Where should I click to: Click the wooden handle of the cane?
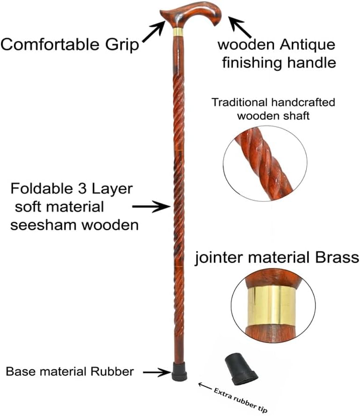191,16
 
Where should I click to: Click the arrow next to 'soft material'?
151,207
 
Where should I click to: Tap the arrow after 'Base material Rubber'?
157,372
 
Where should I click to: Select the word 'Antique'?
308,45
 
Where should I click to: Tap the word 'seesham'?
44,225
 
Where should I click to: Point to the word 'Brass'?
337,258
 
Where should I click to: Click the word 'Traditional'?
240,102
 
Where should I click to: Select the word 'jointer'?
218,258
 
